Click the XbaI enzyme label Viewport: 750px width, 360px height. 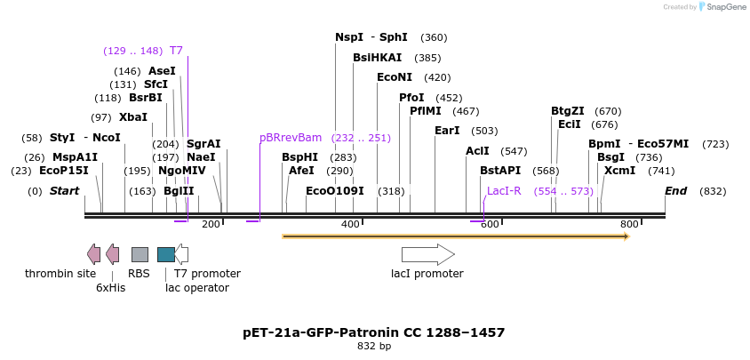[x=133, y=117]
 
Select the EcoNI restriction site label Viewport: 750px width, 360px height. [x=395, y=77]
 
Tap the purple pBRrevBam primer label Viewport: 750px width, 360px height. [x=291, y=138]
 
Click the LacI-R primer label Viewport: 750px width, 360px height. [x=504, y=191]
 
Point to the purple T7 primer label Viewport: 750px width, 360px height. [x=176, y=51]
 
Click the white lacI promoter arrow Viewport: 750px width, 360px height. [x=427, y=255]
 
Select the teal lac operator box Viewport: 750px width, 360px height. [x=166, y=255]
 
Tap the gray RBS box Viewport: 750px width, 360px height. [x=140, y=255]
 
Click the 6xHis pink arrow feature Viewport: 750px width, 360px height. [x=112, y=255]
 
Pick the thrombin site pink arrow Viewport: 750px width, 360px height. [x=93, y=255]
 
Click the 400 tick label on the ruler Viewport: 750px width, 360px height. [x=350, y=225]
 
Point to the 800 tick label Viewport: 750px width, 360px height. [x=629, y=225]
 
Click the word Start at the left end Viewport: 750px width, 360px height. [x=64, y=191]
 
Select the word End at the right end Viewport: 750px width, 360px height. [x=676, y=191]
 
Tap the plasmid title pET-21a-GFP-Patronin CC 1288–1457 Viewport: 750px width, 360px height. [x=373, y=332]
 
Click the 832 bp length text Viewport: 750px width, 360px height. [x=373, y=347]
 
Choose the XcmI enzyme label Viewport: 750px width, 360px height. [x=620, y=171]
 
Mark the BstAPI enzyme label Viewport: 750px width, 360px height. [x=500, y=171]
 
